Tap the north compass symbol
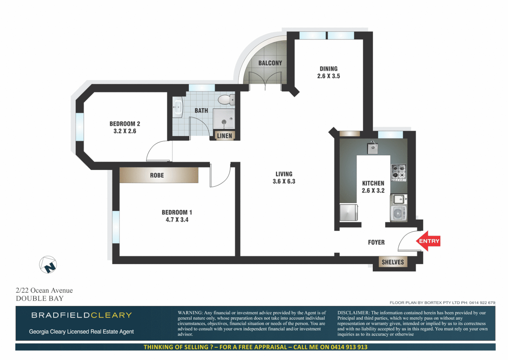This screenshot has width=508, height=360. [48, 265]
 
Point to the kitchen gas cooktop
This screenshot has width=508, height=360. [398, 172]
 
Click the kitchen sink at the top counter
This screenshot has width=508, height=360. [372, 148]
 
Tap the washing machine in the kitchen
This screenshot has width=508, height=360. [398, 213]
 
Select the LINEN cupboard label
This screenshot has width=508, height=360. [225, 136]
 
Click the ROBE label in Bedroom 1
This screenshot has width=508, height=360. [157, 175]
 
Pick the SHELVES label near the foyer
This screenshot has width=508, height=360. [392, 262]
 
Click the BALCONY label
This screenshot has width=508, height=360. [270, 63]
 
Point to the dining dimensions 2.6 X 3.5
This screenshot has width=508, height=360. [328, 76]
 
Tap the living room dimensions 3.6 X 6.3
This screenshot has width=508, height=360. [284, 181]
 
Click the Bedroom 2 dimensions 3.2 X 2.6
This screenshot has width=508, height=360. [125, 131]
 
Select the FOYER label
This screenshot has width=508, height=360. [376, 242]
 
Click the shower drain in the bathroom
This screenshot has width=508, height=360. [224, 122]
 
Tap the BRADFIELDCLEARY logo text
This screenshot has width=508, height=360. [82, 315]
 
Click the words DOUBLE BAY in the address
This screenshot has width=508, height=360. [40, 299]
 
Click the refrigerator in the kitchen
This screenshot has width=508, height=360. [348, 212]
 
